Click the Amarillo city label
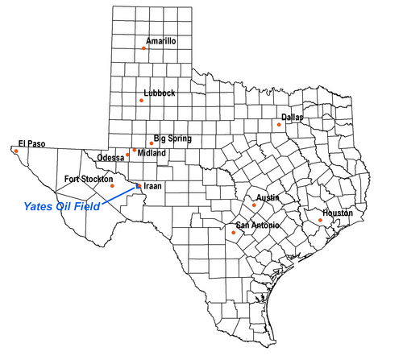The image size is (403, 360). pyautogui.click(x=161, y=40)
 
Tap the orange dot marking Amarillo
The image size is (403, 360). pyautogui.click(x=143, y=48)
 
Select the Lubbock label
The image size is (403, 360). pyautogui.click(x=159, y=93)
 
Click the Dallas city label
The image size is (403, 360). pyautogui.click(x=292, y=118)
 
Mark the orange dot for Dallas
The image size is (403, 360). pyautogui.click(x=279, y=124)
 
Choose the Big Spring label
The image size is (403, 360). pyautogui.click(x=172, y=139)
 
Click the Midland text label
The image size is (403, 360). pyautogui.click(x=152, y=153)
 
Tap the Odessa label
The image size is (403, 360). pyautogui.click(x=110, y=157)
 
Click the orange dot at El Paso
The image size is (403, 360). pyautogui.click(x=16, y=150)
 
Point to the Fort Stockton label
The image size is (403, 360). pyautogui.click(x=89, y=179)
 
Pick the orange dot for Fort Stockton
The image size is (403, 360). pyautogui.click(x=112, y=186)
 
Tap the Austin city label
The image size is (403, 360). pyautogui.click(x=268, y=197)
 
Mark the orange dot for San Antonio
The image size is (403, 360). pyautogui.click(x=232, y=233)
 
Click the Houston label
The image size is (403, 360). pyautogui.click(x=338, y=213)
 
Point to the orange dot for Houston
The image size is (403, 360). pyautogui.click(x=321, y=220)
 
